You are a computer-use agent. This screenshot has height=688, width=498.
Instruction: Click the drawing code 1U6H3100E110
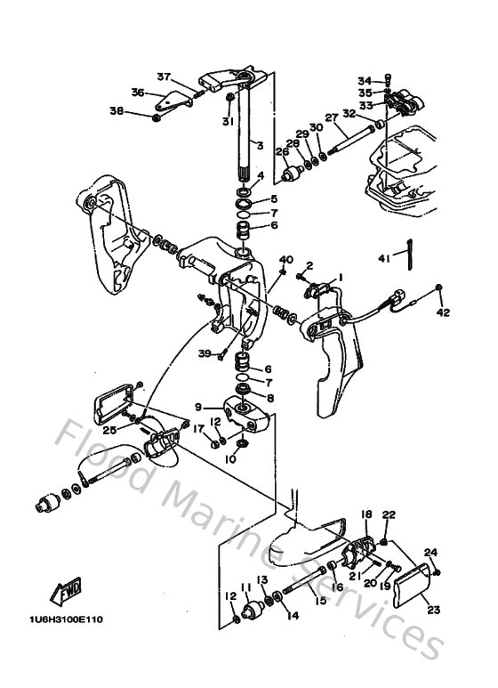click(67, 620)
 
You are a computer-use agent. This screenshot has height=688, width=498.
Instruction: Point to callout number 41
click(383, 258)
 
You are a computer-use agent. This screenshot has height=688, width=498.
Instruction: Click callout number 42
click(442, 313)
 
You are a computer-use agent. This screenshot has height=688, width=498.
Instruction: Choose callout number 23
click(433, 610)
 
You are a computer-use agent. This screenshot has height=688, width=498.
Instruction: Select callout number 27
click(332, 117)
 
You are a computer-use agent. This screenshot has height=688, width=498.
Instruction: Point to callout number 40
click(285, 259)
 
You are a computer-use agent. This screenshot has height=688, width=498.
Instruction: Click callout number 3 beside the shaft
click(259, 145)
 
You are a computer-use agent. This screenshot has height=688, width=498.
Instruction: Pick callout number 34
click(364, 79)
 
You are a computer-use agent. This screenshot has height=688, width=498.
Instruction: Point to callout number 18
click(365, 515)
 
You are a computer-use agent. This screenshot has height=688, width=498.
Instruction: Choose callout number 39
click(204, 353)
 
